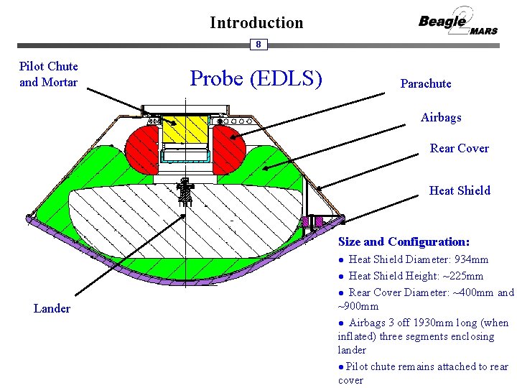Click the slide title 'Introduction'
tap(256, 22)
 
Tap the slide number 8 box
tap(258, 45)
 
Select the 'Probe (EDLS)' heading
tap(255, 78)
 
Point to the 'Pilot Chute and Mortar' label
tap(49, 74)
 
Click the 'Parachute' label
tap(426, 84)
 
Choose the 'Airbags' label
tap(441, 117)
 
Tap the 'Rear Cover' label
tap(459, 149)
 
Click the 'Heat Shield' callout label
tap(460, 190)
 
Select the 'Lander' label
tap(52, 308)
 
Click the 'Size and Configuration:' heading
tap(404, 241)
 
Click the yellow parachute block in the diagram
tap(185, 129)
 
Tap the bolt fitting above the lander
tap(185, 191)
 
